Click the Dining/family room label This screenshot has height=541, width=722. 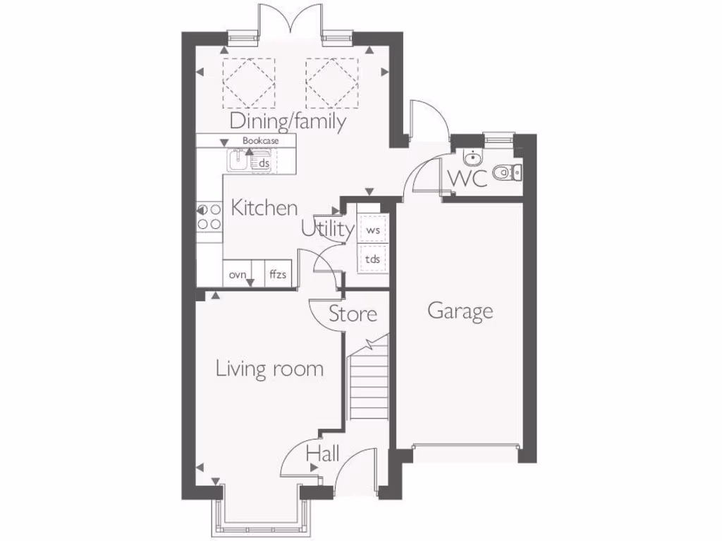[x=288, y=121]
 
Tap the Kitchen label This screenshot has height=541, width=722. [x=264, y=208]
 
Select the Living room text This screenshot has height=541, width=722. [x=269, y=368]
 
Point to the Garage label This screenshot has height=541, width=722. [x=460, y=311]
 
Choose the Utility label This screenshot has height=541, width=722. [x=327, y=229]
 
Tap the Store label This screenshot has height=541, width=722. [x=353, y=313]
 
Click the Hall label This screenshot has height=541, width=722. [x=322, y=454]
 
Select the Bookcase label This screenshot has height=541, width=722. [x=260, y=141]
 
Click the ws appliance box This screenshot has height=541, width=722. [x=373, y=230]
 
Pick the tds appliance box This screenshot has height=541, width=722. [x=373, y=259]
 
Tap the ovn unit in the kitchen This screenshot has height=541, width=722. [x=238, y=275]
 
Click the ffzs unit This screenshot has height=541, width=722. [x=278, y=275]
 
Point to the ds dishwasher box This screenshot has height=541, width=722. [x=264, y=163]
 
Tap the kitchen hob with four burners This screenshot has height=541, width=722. [x=209, y=216]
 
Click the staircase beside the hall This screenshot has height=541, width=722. [x=369, y=384]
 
